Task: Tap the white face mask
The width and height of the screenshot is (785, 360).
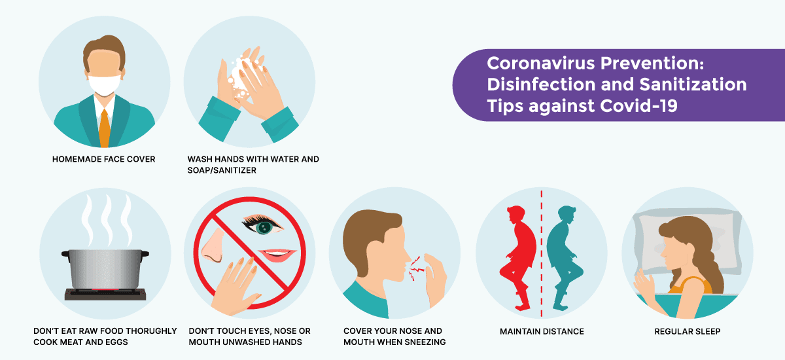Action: tap(104, 84)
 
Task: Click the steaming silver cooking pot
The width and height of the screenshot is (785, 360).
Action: tap(105, 269)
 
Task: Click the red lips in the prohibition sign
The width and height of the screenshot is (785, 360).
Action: tap(277, 255)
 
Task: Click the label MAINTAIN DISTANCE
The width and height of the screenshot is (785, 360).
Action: tap(542, 331)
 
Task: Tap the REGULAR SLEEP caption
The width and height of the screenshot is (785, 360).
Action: tap(688, 331)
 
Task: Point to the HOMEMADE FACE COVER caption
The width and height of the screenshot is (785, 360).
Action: tap(104, 159)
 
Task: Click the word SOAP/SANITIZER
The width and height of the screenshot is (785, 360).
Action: tap(222, 170)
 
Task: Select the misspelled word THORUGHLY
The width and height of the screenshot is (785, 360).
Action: tap(151, 331)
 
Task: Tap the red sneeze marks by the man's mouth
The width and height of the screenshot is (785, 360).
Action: tap(416, 268)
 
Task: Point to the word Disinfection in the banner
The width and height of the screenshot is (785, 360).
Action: tap(541, 84)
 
